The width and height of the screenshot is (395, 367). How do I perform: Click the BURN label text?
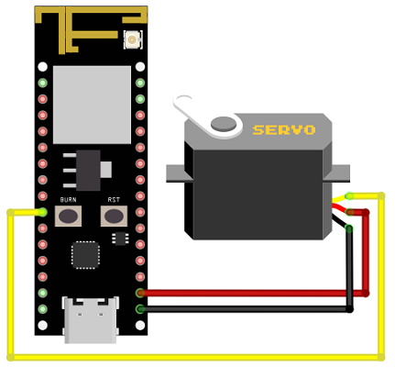point(68,200)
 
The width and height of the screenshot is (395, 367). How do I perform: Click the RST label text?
point(114,200)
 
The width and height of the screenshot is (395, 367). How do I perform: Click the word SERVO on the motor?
point(284,130)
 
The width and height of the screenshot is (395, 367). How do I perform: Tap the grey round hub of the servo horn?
point(224,124)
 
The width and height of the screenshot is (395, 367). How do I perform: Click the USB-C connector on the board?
point(91,319)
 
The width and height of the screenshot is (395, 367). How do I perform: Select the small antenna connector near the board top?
point(133,39)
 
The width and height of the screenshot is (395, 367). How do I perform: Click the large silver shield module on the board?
point(92,105)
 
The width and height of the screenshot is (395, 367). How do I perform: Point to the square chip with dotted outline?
point(85,255)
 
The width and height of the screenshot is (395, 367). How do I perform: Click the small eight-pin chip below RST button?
point(120,239)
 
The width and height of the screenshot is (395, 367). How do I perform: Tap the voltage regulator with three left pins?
point(88,170)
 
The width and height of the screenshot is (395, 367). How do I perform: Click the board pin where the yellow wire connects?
point(43,212)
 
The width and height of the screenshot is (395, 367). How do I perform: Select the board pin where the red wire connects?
point(140,293)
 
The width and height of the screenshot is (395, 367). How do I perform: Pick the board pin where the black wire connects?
point(140,309)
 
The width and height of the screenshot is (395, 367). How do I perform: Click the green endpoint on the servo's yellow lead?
point(349,195)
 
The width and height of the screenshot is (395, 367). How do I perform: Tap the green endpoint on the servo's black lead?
point(349,228)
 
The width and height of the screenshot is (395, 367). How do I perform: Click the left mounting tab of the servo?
point(175,173)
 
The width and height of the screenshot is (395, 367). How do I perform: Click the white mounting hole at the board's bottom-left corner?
point(42,326)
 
